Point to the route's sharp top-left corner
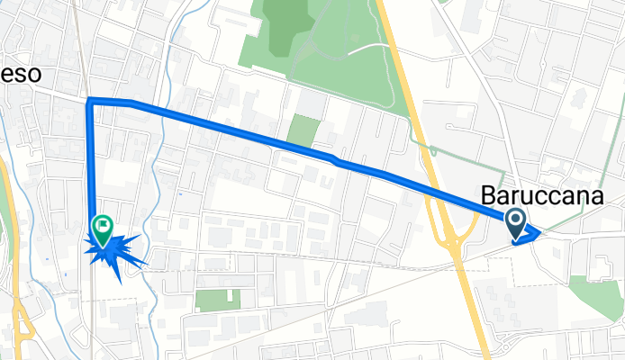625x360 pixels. (89, 100)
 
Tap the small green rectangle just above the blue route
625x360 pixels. (303, 132)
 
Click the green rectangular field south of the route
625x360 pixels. (218, 300)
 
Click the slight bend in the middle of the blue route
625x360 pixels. (335, 160)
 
